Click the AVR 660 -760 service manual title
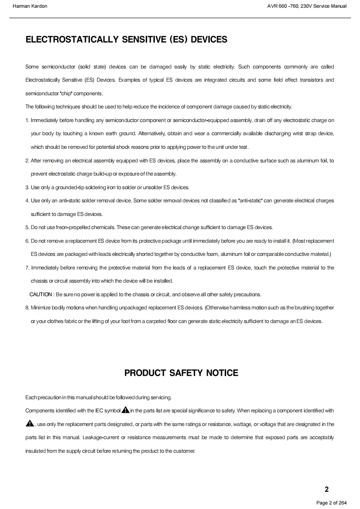click(x=307, y=6)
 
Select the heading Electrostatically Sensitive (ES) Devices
click(x=126, y=39)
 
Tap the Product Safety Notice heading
click(x=181, y=373)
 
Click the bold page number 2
click(x=326, y=489)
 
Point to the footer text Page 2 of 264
click(x=331, y=503)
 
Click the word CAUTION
click(x=41, y=294)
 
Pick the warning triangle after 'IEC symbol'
click(x=125, y=410)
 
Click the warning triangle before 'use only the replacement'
click(x=30, y=424)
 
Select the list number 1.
click(x=27, y=120)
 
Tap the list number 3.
click(x=27, y=187)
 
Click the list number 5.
click(x=27, y=227)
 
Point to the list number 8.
click(x=27, y=308)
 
